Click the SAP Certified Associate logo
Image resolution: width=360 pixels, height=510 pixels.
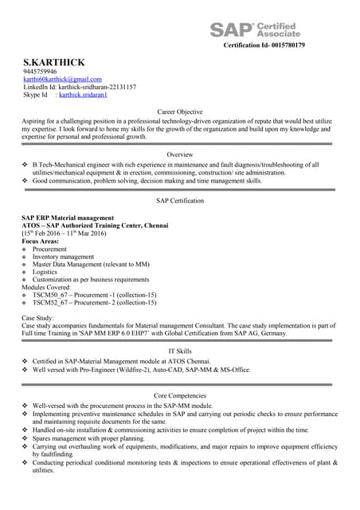[x=255, y=29]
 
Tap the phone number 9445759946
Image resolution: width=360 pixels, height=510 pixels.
[x=40, y=72]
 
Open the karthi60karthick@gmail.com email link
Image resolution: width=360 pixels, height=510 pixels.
[x=62, y=79]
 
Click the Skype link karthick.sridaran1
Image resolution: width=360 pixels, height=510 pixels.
[x=83, y=95]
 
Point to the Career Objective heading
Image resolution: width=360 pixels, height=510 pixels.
[x=179, y=112]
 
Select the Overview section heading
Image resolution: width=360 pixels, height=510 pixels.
[x=179, y=154]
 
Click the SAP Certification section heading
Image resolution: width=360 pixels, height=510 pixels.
[x=180, y=202]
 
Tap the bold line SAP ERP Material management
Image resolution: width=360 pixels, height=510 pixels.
[x=68, y=218]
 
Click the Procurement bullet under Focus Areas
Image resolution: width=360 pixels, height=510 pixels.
[x=49, y=249]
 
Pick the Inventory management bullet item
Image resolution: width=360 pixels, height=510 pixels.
[x=63, y=257]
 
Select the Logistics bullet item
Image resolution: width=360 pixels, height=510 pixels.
[x=46, y=272]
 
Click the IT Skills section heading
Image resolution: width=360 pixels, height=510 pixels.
[x=180, y=351]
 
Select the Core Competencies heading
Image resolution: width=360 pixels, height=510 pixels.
[x=180, y=395]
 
